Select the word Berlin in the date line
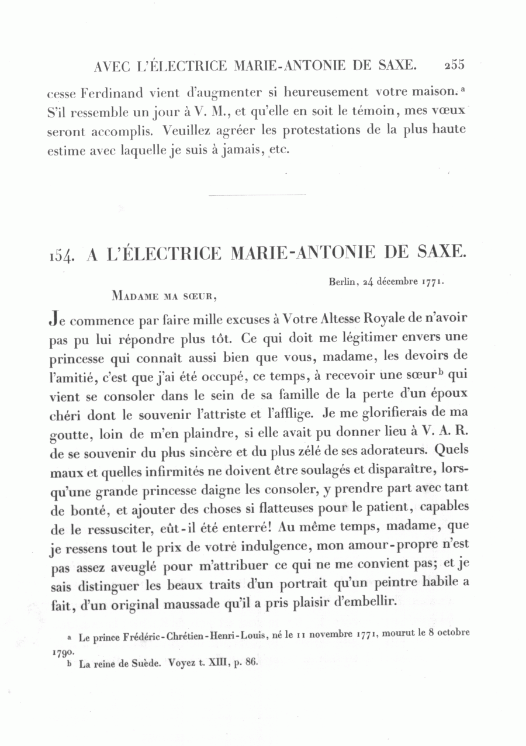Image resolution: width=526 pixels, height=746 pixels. coord(342,282)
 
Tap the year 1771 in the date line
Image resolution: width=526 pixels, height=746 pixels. coord(434,282)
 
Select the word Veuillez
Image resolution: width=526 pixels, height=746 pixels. coord(187,130)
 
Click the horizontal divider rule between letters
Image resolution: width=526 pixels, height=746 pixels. coord(257,195)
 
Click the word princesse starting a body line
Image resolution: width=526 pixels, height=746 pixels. coord(75,357)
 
